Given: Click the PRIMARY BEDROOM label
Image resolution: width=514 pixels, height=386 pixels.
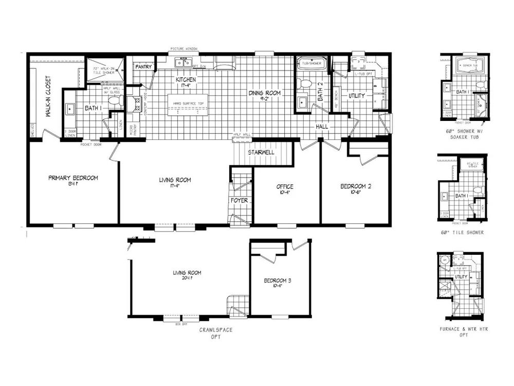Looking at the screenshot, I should pyautogui.click(x=73, y=179).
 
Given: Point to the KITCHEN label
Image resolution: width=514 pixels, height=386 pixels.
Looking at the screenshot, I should pyautogui.click(x=186, y=81).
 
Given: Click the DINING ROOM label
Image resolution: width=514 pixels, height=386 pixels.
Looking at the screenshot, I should pyautogui.click(x=265, y=93).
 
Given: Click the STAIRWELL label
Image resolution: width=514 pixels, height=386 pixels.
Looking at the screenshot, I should pyautogui.click(x=261, y=153).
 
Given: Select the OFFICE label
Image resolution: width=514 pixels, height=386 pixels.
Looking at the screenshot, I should pyautogui.click(x=285, y=186).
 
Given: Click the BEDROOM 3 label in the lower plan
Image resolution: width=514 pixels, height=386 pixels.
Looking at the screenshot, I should pyautogui.click(x=278, y=281).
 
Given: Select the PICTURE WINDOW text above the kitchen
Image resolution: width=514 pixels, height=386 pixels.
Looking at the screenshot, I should pyautogui.click(x=184, y=49).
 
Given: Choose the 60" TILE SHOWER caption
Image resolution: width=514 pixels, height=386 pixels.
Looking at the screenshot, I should pyautogui.click(x=462, y=233).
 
